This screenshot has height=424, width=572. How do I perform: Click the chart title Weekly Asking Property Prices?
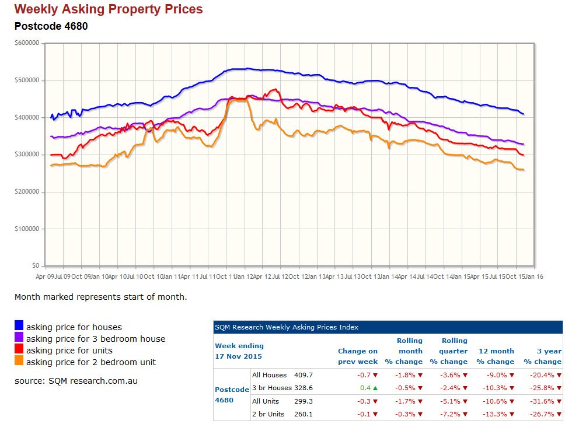click(109, 9)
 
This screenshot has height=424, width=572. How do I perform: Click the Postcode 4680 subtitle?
click(51, 26)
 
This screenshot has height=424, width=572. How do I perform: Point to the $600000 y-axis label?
click(27, 43)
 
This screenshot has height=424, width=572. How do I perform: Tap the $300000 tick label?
click(27, 155)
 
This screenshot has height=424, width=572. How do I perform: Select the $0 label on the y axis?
click(36, 266)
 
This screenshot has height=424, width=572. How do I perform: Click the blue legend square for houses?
click(19, 325)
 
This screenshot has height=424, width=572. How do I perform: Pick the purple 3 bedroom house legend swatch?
click(19, 337)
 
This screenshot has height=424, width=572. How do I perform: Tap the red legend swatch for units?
click(19, 349)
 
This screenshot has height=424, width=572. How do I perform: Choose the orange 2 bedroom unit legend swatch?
click(19, 360)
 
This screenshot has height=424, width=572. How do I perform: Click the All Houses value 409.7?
click(304, 375)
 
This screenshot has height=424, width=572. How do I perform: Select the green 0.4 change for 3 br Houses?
click(365, 388)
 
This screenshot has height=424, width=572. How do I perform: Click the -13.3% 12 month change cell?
click(495, 415)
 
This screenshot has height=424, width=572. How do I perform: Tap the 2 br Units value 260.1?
click(304, 415)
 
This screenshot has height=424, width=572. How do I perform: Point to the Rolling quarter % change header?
click(449, 351)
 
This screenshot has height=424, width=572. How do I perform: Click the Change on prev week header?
click(358, 356)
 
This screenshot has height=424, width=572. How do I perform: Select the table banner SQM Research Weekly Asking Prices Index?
click(287, 327)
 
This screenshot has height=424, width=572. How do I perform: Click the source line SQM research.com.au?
click(76, 381)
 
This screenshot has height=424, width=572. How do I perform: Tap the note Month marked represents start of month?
click(100, 297)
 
